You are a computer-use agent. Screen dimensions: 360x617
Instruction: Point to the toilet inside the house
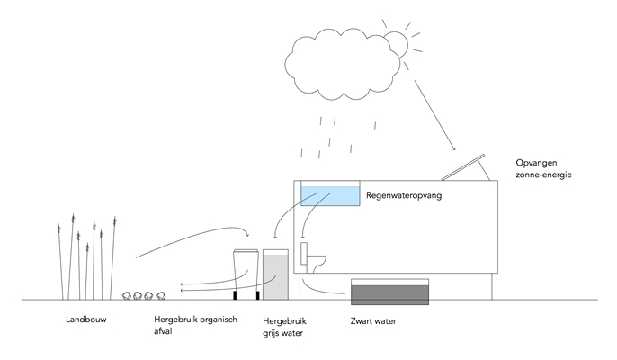314,259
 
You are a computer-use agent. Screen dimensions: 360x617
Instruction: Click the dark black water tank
390,292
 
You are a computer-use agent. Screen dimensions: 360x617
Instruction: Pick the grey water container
276,275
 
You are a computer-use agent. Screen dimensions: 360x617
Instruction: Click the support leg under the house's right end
492,286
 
